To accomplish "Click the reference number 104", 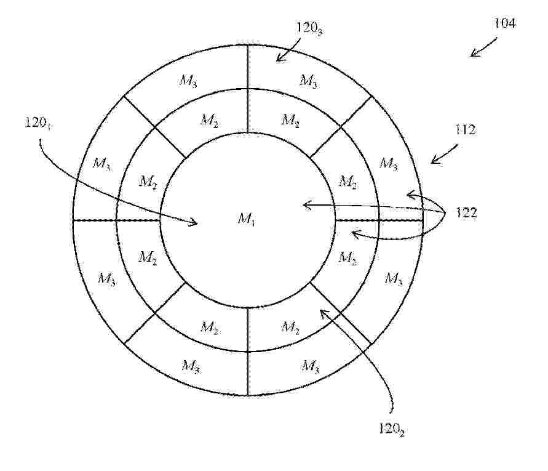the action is [504, 23].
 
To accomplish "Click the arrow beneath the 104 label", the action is [483, 47].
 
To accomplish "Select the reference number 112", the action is [465, 130].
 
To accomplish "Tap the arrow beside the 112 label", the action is [444, 154].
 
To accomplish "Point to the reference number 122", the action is [466, 212].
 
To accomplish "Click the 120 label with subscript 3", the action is [309, 28].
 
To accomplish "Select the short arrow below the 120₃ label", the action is [288, 50].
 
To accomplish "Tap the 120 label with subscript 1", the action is [38, 123].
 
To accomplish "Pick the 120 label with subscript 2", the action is [392, 429].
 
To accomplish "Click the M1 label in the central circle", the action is [247, 219].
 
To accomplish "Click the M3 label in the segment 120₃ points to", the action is [309, 81].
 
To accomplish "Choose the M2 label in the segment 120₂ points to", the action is [290, 328].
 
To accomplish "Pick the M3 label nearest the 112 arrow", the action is [389, 163].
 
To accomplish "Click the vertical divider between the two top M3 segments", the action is [248, 67].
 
